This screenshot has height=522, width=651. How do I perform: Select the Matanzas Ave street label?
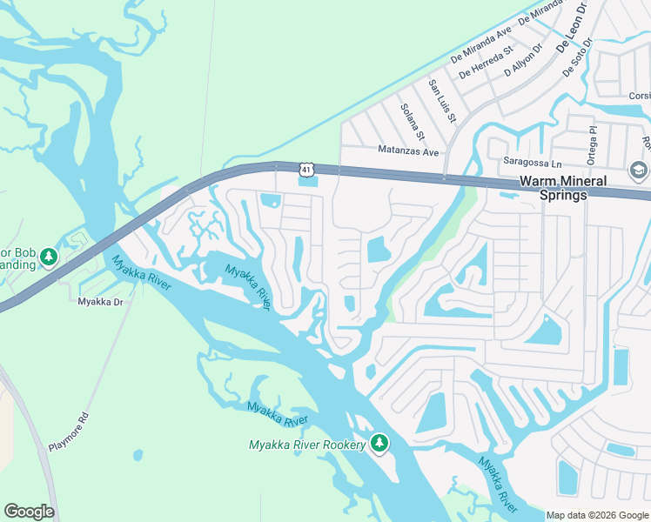[x=408, y=151]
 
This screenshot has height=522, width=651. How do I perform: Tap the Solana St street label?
[x=412, y=122]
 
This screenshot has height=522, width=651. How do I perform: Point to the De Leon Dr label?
[x=569, y=28]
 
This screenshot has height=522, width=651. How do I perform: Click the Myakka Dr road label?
[x=98, y=302]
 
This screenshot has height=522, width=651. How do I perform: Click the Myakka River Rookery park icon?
[x=379, y=444]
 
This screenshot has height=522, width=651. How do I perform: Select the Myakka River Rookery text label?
[x=306, y=445]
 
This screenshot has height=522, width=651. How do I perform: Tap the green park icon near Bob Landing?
[x=49, y=257]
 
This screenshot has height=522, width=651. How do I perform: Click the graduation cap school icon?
[x=638, y=170]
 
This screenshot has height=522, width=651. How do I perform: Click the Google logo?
[x=29, y=512]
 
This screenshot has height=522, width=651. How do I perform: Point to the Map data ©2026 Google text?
[x=597, y=515]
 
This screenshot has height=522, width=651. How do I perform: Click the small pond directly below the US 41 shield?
[x=306, y=181]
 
